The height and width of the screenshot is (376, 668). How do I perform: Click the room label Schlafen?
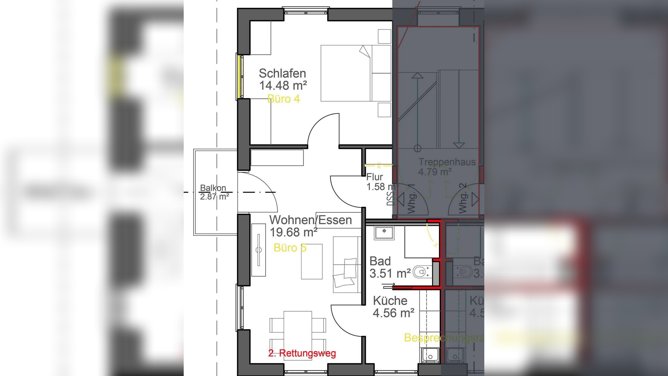click(282, 73)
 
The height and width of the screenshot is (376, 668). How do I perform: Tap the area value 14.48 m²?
click(283, 85)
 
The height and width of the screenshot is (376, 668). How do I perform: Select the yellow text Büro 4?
click(284, 99)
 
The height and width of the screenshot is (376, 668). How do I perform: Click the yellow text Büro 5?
click(290, 248)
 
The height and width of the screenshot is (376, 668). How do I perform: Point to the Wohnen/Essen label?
click(311, 220)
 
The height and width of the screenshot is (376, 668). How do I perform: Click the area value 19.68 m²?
click(293, 232)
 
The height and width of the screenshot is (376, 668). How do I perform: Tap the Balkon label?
click(213, 188)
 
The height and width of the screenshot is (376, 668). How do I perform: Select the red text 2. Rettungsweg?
click(302, 353)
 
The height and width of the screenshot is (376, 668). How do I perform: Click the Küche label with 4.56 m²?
click(390, 301)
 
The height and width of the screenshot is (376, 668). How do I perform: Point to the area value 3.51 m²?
click(390, 273)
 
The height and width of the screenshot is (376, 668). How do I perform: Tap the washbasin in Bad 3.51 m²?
click(384, 233)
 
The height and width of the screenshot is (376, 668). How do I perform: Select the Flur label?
click(374, 177)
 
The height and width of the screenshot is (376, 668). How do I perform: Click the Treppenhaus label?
click(447, 162)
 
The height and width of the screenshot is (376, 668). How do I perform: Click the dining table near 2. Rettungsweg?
click(298, 336)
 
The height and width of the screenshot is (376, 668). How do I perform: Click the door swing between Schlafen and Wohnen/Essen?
click(324, 129)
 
